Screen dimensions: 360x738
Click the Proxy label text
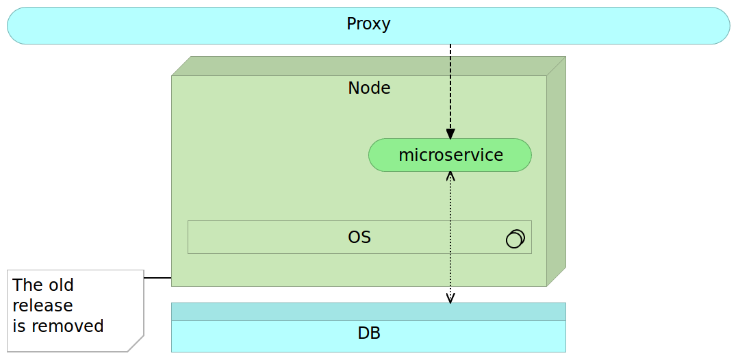tap(368, 24)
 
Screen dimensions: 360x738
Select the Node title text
tap(369, 88)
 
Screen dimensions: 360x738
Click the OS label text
tap(359, 237)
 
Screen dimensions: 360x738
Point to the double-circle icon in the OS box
tap(515, 238)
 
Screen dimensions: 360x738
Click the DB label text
tap(369, 334)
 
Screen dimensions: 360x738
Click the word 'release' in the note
tap(42, 305)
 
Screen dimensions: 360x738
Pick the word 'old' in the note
tap(60, 285)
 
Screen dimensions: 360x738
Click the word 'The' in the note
tap(27, 285)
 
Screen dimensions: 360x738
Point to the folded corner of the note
tap(137, 344)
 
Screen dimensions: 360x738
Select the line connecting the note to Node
tap(157, 278)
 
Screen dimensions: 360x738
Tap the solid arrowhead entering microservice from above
tap(450, 133)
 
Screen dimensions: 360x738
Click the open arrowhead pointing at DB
tap(450, 298)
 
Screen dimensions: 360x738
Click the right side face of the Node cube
tap(557, 171)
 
